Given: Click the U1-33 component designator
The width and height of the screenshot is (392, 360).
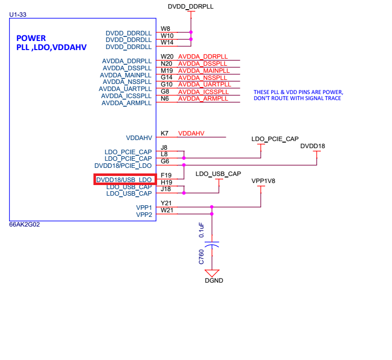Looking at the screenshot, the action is point(18,15).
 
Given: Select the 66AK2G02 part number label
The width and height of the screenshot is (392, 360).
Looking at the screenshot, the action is point(24,224).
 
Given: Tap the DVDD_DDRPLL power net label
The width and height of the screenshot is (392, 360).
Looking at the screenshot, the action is point(190,7).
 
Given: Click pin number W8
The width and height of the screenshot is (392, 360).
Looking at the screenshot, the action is point(165,28).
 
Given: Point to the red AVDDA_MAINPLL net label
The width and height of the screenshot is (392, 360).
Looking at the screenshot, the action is point(204,71).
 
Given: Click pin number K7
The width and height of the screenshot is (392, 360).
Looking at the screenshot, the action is point(165,133).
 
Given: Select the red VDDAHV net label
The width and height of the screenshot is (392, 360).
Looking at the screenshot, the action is point(191,133).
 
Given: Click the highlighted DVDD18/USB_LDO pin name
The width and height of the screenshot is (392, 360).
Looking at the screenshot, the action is point(124,180).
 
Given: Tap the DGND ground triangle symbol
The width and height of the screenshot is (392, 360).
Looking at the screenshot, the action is point(212,273).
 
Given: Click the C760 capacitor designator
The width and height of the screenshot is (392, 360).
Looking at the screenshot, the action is point(201,257).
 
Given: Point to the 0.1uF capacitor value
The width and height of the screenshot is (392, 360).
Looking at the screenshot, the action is point(201,230).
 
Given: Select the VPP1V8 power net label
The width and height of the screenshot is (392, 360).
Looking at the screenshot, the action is point(263,181).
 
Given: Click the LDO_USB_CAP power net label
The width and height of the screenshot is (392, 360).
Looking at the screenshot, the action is point(218,174).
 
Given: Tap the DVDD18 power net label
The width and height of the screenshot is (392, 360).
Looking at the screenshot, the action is point(313,146).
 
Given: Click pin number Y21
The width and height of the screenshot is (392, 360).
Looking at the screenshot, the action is point(166,203).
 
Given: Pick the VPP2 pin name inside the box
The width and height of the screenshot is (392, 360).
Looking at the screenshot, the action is point(144,215).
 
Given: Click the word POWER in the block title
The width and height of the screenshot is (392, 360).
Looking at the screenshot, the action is point(31,38).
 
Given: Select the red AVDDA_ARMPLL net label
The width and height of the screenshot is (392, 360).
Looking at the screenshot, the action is point(203,99).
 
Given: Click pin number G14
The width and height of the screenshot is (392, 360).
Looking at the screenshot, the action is point(167,77).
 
